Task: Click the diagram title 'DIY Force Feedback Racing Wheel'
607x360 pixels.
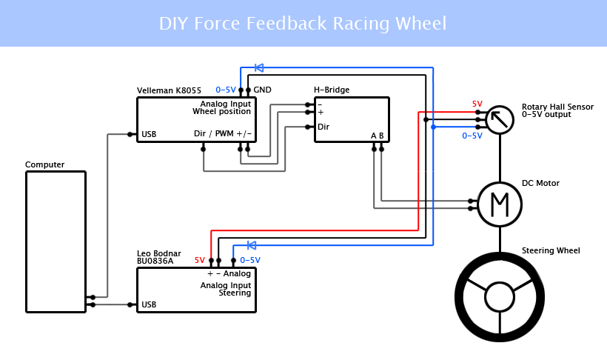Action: point(303,23)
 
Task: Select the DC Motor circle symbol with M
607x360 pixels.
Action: point(500,204)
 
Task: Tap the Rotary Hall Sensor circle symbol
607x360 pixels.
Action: point(500,119)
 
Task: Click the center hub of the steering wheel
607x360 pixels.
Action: point(500,297)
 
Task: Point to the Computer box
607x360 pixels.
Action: point(56,241)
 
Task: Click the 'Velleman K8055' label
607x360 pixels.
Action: point(169,90)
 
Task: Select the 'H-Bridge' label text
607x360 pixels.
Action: point(332,90)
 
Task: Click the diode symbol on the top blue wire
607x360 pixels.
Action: point(259,67)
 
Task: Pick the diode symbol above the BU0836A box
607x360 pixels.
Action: point(252,245)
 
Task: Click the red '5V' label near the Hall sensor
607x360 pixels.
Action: point(477,104)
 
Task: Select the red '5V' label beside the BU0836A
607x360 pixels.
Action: point(200,261)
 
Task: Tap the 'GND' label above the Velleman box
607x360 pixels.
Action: point(262,90)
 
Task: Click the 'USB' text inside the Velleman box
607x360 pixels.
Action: point(149,134)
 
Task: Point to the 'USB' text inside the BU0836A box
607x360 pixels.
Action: point(149,304)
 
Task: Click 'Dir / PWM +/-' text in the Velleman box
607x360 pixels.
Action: point(223,134)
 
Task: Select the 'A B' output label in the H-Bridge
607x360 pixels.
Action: point(378,136)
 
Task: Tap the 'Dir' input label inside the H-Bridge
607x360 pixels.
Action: point(323,127)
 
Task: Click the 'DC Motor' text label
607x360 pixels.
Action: point(540,183)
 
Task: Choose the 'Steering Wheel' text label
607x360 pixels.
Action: point(551,250)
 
